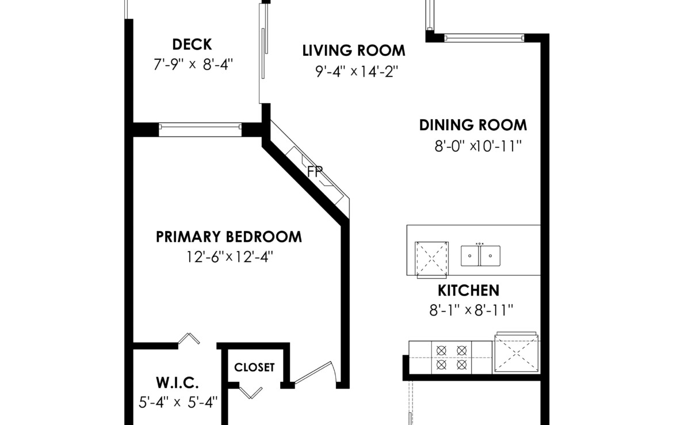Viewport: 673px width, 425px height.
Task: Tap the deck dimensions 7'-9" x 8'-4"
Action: tap(193, 64)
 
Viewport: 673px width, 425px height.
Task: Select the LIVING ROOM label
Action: tap(354, 51)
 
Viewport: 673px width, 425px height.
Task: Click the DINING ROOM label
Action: tap(473, 125)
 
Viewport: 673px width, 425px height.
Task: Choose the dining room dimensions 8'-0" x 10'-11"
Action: tap(477, 146)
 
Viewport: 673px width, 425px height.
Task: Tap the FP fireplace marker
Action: tap(315, 172)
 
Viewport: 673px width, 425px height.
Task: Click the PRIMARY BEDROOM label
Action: tap(229, 237)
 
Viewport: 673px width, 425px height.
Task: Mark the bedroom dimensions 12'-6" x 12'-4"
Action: tap(230, 257)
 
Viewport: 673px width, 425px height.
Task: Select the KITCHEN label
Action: tap(468, 290)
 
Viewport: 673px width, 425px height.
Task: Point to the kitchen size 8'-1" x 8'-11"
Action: tap(471, 310)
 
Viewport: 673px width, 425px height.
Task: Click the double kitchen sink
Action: tap(480, 255)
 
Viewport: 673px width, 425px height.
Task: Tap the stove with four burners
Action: tap(451, 358)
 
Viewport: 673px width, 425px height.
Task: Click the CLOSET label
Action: tap(254, 367)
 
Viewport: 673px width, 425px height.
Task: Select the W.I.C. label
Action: tap(177, 382)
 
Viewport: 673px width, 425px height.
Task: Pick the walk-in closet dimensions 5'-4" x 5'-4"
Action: tap(178, 402)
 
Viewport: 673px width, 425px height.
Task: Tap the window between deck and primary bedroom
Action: tap(200, 130)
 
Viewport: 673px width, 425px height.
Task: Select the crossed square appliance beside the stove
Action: tap(517, 352)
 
